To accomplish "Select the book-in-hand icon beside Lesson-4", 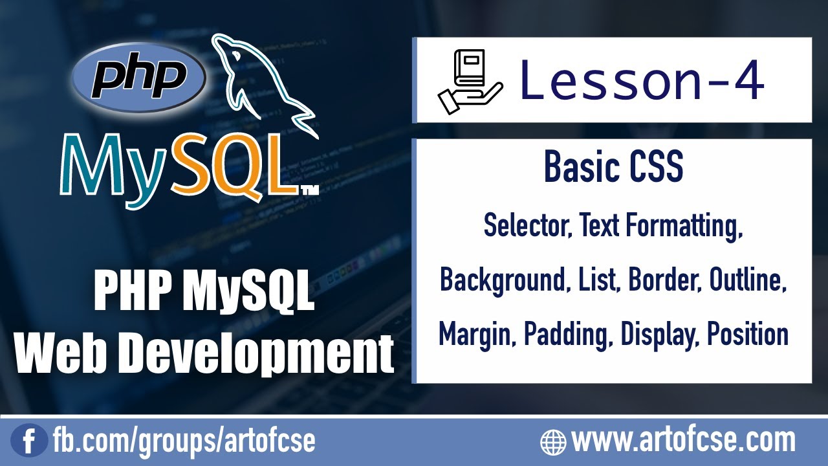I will tap(470, 81).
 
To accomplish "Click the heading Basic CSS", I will tap(613, 167).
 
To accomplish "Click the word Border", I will tap(664, 280).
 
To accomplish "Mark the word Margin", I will tap(477, 334).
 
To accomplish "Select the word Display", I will tap(658, 335).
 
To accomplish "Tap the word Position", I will tap(748, 334).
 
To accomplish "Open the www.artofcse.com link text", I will tap(683, 441).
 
